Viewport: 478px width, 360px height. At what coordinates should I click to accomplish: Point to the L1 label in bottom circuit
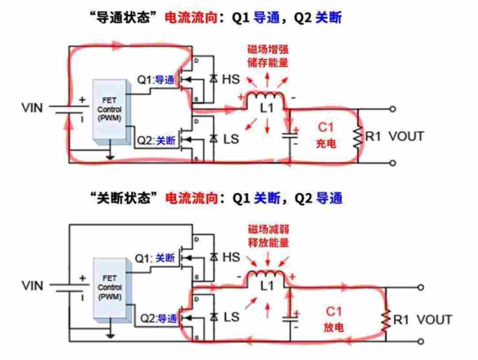tap(267, 286)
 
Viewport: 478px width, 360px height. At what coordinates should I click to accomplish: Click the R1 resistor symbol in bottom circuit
tap(386, 320)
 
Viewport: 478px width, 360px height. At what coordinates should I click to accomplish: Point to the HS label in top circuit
tap(230, 79)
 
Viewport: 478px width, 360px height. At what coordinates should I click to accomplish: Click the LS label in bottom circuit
tap(231, 317)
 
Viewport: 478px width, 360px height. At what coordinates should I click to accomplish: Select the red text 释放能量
tap(268, 243)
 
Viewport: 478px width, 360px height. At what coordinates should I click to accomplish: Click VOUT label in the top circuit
tap(406, 136)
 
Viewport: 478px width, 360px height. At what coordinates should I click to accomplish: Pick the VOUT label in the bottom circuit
tap(434, 320)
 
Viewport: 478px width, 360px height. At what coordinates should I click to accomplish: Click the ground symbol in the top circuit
tap(108, 156)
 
